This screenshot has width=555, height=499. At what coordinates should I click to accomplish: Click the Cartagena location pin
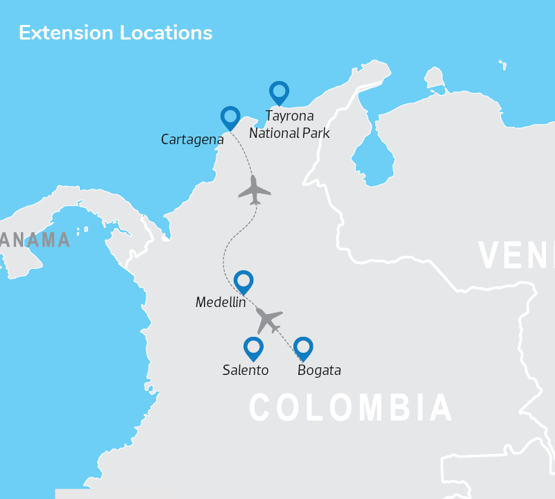click(x=230, y=117)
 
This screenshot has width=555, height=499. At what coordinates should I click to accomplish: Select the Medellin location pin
click(x=244, y=281)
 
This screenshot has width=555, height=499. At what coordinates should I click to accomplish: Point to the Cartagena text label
click(x=192, y=140)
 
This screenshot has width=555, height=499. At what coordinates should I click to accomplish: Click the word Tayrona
click(x=289, y=116)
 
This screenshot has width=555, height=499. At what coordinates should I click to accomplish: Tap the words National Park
click(x=289, y=133)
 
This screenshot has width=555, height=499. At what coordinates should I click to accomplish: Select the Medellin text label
click(x=221, y=302)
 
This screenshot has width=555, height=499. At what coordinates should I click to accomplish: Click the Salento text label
click(x=246, y=370)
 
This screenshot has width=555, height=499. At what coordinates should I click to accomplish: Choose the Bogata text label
click(x=319, y=370)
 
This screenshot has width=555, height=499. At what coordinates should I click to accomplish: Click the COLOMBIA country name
click(x=351, y=408)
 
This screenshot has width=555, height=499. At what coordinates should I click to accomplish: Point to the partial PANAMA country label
click(x=35, y=240)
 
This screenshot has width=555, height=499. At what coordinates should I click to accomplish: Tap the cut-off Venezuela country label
click(x=516, y=255)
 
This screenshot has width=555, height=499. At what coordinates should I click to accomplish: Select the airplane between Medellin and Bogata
click(x=268, y=320)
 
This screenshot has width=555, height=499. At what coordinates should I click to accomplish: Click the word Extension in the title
click(x=65, y=33)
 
